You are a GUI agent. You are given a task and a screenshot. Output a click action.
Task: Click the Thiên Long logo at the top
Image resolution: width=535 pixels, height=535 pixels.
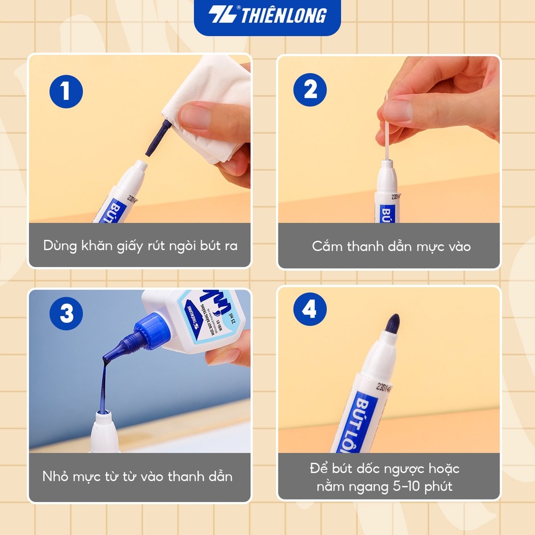point(267,16)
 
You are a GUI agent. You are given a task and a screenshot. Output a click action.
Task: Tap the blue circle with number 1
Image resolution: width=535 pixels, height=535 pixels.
point(66,91)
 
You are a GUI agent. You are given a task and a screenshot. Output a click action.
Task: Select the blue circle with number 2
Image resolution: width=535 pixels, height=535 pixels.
point(310,89)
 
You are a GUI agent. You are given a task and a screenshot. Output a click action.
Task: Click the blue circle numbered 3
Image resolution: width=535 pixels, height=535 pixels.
point(66,314)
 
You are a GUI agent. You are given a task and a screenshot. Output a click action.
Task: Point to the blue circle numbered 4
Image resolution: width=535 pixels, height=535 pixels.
point(310,310)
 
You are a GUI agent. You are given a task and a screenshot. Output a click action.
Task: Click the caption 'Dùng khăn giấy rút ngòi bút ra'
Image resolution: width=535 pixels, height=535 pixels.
point(140,246)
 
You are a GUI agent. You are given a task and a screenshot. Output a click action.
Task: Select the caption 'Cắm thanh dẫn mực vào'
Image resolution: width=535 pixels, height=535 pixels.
point(391,246)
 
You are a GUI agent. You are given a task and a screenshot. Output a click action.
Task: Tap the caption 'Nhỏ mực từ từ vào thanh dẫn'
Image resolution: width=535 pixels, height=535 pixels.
point(137,476)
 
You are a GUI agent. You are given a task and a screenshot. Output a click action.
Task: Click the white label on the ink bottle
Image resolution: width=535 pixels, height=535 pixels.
point(209,319)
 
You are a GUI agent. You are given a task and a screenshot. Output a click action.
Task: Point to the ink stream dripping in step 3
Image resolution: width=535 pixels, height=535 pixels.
point(103,387)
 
